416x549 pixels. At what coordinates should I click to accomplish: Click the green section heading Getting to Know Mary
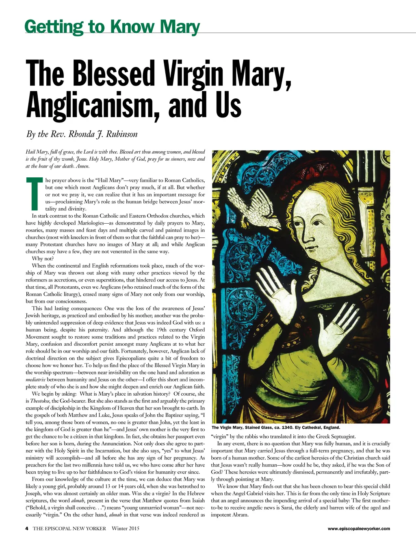(x=112, y=27)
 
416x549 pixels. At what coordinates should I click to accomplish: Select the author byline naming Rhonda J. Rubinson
(x=82, y=134)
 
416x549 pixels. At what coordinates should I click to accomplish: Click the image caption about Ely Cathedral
(x=276, y=427)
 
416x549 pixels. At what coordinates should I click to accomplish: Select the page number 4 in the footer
(x=27, y=529)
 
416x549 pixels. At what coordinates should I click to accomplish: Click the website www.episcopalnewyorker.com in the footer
(x=359, y=529)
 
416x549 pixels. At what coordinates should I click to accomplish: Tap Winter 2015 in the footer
(x=126, y=529)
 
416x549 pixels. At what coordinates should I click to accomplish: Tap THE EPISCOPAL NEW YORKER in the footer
(x=69, y=529)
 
